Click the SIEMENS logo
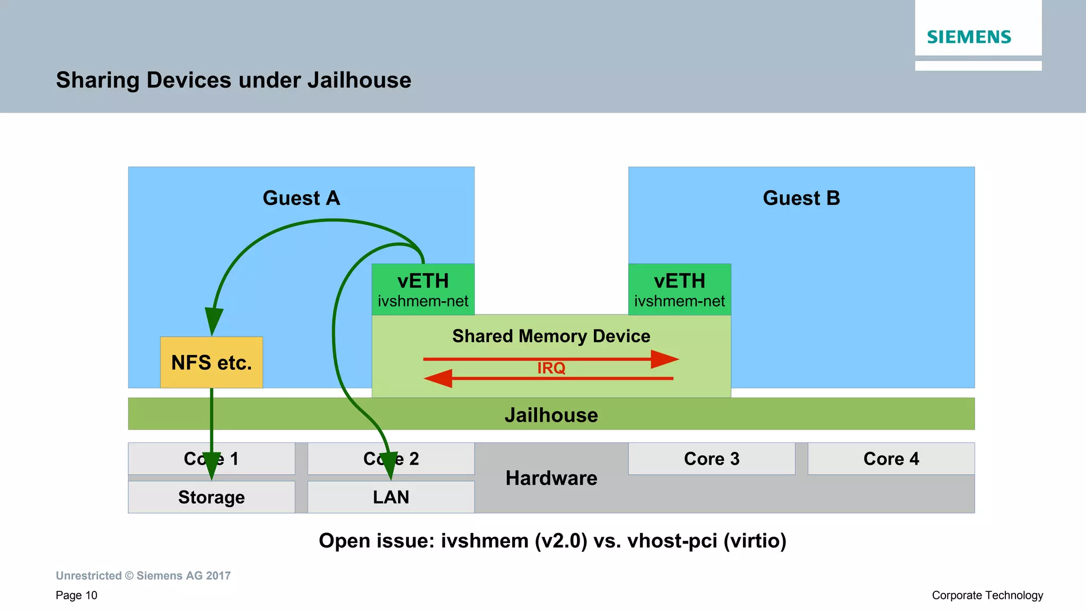[x=969, y=37]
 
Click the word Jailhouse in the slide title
[x=359, y=80]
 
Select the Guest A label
[x=301, y=198]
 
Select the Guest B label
[x=801, y=198]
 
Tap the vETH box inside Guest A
[x=423, y=290]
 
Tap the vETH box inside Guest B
[x=679, y=290]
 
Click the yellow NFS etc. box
[x=211, y=362]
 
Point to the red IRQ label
[x=551, y=368]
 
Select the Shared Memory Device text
[x=551, y=336]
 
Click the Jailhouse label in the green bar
[x=551, y=415]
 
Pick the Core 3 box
[x=711, y=458]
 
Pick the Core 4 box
[x=891, y=458]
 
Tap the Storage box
[x=211, y=497]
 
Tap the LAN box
[x=391, y=497]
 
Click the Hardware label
[x=551, y=478]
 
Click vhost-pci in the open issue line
[x=672, y=541]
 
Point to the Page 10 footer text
[x=76, y=595]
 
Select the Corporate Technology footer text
[x=987, y=595]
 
